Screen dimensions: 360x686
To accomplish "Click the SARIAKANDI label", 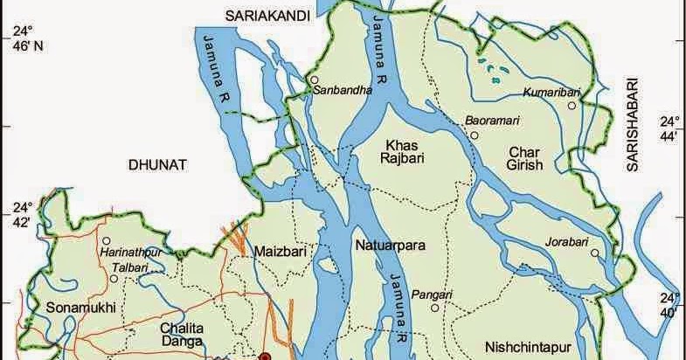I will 265,16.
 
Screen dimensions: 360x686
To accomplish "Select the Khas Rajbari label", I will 404,150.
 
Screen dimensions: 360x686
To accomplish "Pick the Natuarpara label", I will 390,246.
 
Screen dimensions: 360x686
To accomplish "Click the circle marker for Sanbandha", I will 313,80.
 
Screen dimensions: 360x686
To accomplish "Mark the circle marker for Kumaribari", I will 572,105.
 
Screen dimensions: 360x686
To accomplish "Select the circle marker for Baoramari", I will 474,135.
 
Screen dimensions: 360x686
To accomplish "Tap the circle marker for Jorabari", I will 593,253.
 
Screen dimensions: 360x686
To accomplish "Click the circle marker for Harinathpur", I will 106,240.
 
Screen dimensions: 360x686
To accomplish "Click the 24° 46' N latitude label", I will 22,39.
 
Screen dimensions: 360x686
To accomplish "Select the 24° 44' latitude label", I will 669,128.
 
